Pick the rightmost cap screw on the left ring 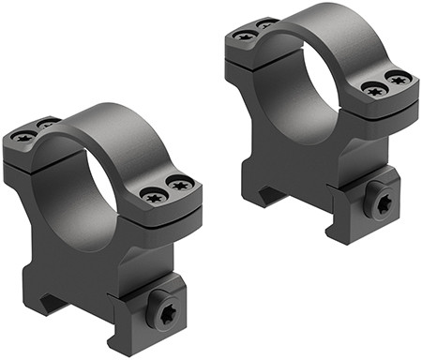(x=180, y=183)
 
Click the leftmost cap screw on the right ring (x=246, y=36)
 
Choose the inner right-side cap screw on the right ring (x=375, y=91)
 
